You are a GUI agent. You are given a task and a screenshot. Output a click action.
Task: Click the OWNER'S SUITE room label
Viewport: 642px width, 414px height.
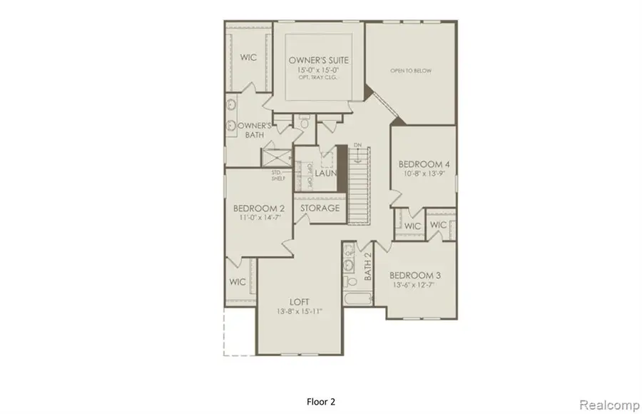tap(319, 60)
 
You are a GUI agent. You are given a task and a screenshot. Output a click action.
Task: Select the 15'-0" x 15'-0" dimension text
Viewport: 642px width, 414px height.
tap(319, 71)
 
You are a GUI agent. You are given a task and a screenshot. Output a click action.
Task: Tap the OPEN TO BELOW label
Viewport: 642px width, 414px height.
tap(410, 71)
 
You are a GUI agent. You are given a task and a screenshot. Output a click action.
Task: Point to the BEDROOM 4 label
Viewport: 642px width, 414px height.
tap(423, 164)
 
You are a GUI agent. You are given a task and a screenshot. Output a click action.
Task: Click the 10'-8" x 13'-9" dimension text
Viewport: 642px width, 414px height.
tap(423, 174)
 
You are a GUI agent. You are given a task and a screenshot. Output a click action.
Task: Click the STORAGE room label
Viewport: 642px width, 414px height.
tap(319, 208)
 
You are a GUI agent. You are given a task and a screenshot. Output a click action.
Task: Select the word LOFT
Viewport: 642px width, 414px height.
tap(298, 301)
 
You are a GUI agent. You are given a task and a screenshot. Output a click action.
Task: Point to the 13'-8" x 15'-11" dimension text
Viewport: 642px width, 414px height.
tap(298, 311)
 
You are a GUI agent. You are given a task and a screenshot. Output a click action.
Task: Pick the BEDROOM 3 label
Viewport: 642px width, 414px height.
tap(414, 275)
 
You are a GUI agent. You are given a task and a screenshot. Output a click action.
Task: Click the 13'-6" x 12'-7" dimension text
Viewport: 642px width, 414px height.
tap(414, 286)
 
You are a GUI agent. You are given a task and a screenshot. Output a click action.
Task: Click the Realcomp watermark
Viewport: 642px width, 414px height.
tap(608, 405)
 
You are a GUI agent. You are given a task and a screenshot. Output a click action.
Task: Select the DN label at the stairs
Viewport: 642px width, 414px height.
tap(359, 146)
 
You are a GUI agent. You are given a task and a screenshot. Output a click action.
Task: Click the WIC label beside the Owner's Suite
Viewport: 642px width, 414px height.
tap(248, 58)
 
